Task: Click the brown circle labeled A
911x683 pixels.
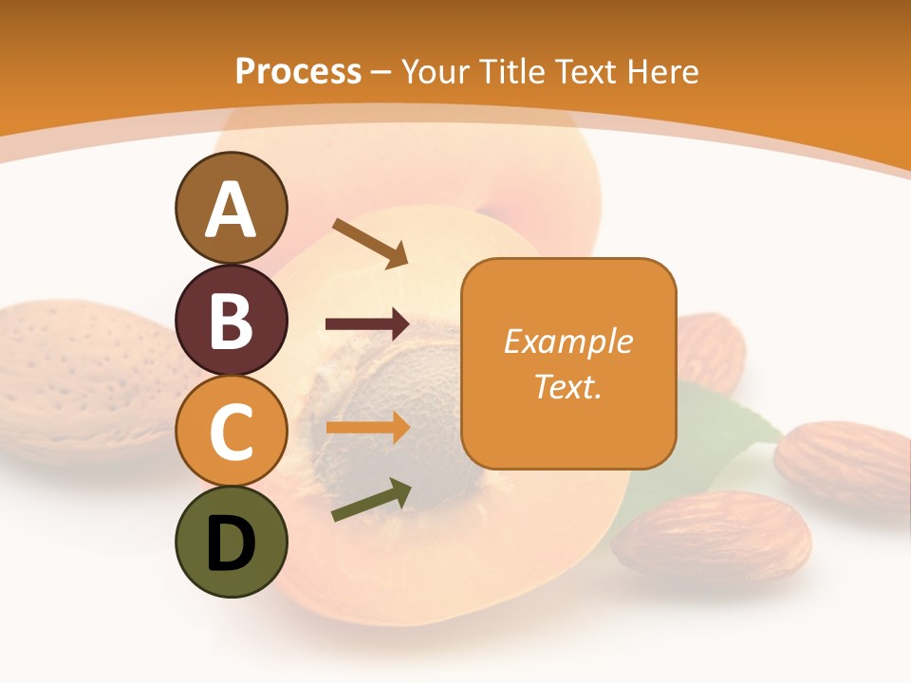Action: tap(231, 208)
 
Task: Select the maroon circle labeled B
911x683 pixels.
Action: tap(231, 320)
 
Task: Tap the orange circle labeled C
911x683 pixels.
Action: tap(231, 431)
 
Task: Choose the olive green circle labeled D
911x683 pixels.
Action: tap(231, 542)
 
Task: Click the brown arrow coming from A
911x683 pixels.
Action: tap(370, 243)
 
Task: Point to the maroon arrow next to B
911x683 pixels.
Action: tap(367, 324)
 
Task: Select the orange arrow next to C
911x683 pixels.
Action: tap(367, 427)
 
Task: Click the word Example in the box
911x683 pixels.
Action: tap(567, 341)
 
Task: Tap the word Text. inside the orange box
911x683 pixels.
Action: tap(567, 386)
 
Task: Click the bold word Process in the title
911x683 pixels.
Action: tap(298, 71)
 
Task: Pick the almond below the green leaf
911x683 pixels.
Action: tap(712, 536)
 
